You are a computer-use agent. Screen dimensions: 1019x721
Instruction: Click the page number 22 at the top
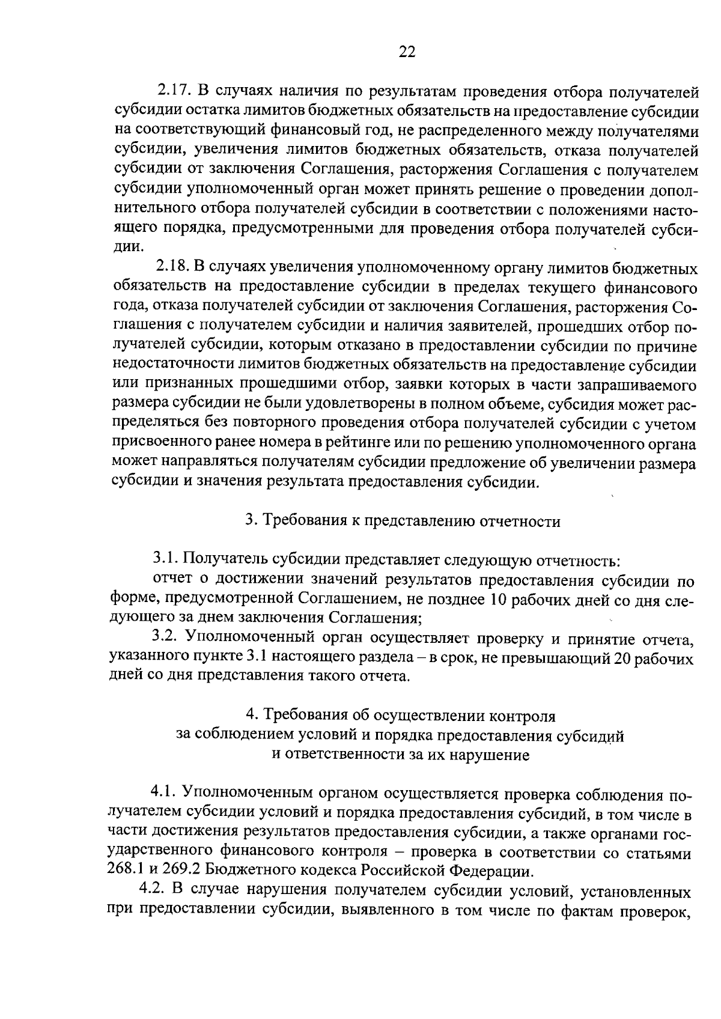pyautogui.click(x=407, y=52)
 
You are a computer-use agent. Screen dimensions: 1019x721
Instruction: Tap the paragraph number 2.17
pyautogui.click(x=173, y=92)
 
